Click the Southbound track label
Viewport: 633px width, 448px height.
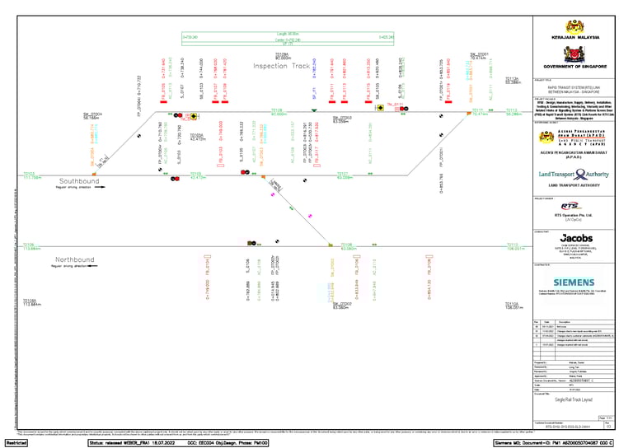(79, 181)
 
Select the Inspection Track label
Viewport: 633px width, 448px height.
(281, 66)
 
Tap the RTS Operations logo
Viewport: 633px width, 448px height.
(570, 206)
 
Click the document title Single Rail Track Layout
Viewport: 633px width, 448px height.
(574, 399)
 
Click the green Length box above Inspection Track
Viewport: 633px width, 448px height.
(288, 36)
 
